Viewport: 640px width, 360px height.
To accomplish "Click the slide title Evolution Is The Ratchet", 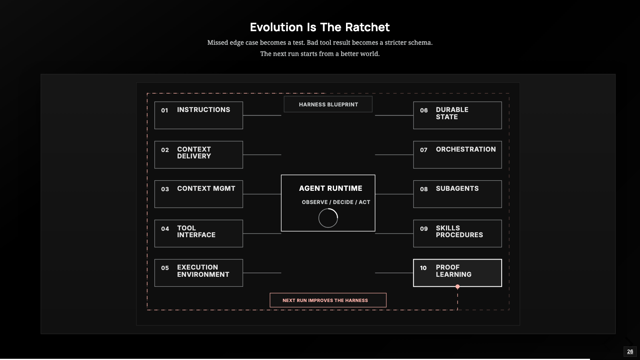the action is [320, 27].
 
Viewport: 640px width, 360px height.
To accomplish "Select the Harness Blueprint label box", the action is [328, 104].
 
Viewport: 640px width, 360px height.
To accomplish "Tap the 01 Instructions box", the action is [198, 116].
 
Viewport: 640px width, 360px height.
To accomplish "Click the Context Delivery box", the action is [198, 154].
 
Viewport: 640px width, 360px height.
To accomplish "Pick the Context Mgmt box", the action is [198, 194].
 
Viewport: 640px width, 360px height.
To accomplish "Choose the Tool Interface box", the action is [198, 234].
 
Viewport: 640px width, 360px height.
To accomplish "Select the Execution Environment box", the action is [198, 273].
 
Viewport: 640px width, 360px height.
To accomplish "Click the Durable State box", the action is [458, 116].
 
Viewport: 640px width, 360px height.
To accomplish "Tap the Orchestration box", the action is [458, 154].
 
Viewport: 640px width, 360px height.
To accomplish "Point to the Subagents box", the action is [458, 194].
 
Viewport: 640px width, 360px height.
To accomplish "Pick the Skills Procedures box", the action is [458, 234].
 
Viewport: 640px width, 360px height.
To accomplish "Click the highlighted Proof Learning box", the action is [458, 273].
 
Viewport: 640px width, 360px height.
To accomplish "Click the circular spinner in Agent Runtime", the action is [328, 209].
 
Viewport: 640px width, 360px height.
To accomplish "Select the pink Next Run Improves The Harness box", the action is [328, 300].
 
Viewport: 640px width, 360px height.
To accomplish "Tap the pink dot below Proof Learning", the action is [458, 286].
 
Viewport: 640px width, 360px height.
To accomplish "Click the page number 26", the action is [630, 352].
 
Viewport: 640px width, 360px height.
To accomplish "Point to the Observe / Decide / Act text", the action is [336, 202].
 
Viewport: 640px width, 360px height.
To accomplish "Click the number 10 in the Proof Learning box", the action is [423, 268].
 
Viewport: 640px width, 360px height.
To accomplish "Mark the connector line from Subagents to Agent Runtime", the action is [394, 194].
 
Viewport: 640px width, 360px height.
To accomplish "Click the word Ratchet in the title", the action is [368, 27].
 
